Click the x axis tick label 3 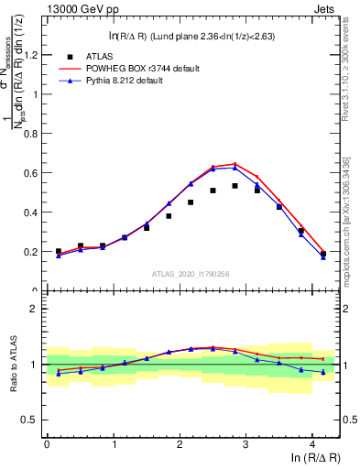pos(246,444)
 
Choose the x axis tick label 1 pos(113,444)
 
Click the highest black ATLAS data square pos(235,186)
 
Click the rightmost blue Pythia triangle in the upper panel pos(323,257)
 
